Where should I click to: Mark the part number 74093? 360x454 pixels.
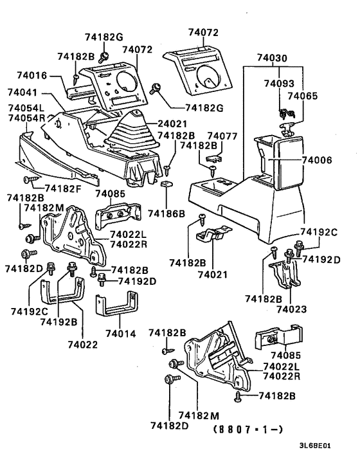(278, 84)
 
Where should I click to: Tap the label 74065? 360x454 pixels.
(303, 95)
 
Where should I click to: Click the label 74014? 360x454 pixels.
(120, 334)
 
